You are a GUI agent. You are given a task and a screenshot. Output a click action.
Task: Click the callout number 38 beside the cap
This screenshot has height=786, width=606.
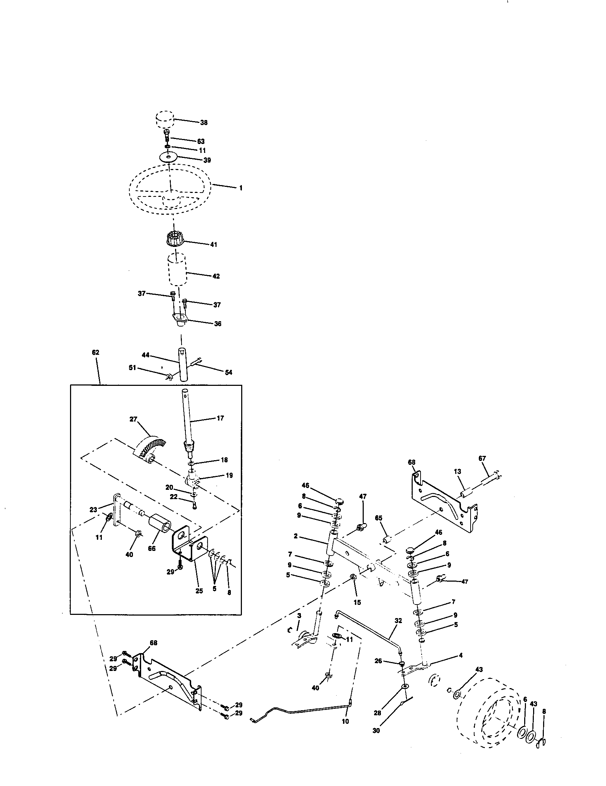click(x=204, y=123)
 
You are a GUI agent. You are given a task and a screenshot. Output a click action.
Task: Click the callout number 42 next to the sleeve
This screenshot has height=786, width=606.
click(x=215, y=277)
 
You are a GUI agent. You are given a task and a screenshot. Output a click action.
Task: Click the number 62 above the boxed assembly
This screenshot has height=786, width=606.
click(x=95, y=352)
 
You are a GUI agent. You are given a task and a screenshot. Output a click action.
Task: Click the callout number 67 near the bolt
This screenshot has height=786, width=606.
click(x=482, y=458)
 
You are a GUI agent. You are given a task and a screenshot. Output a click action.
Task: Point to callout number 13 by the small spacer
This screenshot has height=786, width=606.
click(x=457, y=472)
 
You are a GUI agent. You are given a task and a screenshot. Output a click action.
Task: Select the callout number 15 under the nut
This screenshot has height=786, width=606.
click(x=357, y=602)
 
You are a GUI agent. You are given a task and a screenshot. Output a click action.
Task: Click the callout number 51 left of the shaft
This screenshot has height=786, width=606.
click(x=133, y=367)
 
